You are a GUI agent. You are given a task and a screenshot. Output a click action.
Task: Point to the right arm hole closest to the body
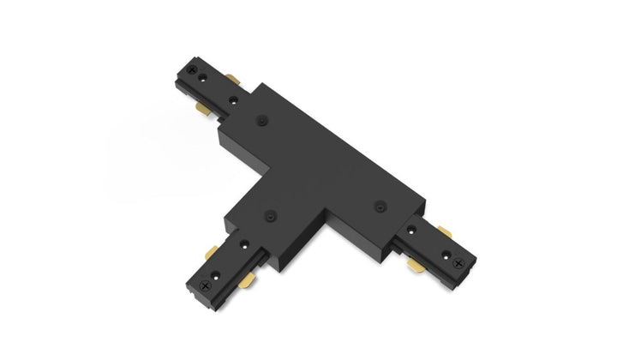click(x=413, y=229)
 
